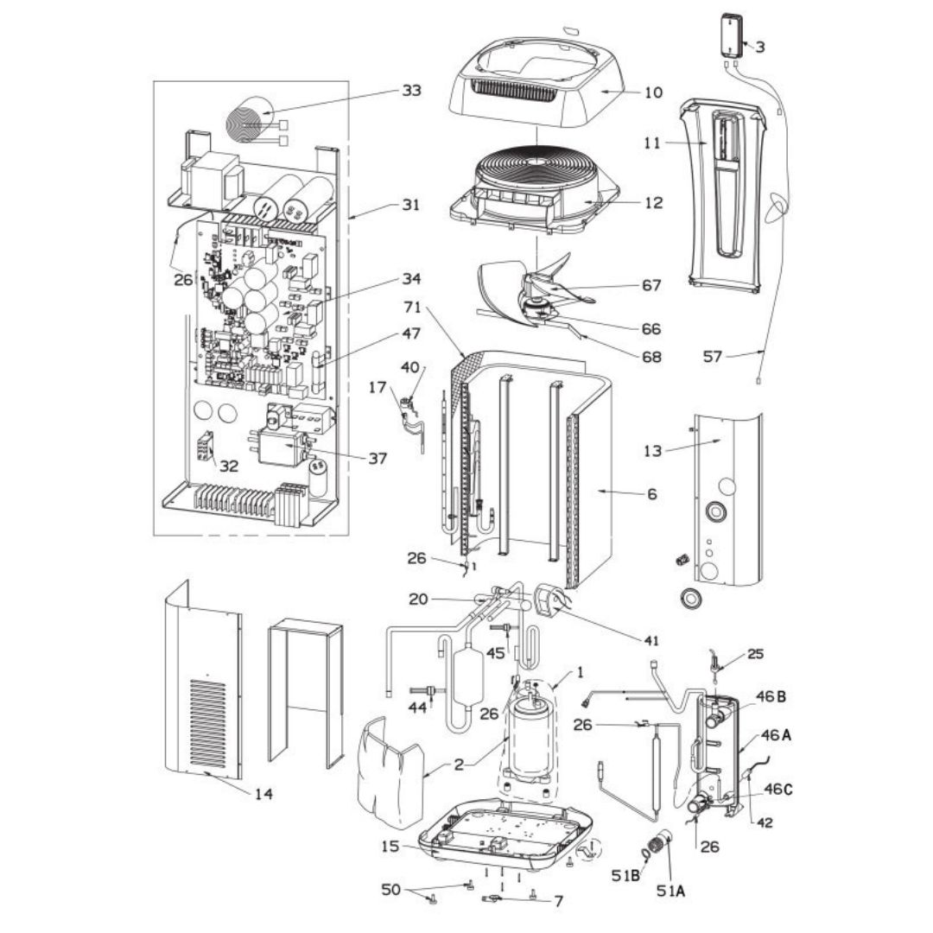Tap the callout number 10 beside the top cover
coord(653,92)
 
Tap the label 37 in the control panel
coord(377,459)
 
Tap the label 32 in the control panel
coord(228,466)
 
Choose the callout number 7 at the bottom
coord(558,901)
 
